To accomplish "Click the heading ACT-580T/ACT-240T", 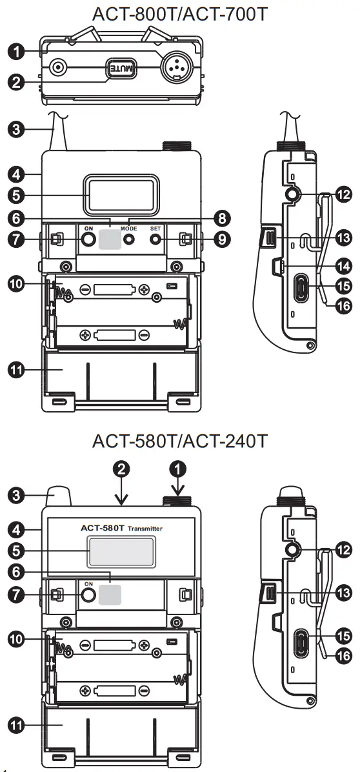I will pos(180,442).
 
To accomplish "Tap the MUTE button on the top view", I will pos(121,67).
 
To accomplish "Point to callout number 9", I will pos(221,239).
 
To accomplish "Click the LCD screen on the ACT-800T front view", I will pos(121,196).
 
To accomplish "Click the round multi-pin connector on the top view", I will pos(175,66).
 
